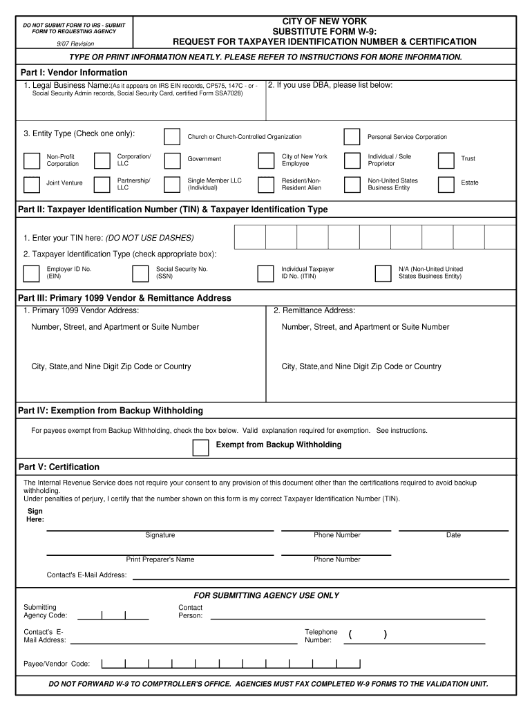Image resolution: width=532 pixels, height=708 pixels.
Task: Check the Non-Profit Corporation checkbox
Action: pyautogui.click(x=32, y=161)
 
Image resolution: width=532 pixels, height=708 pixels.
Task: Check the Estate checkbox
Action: pyautogui.click(x=446, y=185)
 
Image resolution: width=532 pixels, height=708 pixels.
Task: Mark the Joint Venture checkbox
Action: pyautogui.click(x=32, y=185)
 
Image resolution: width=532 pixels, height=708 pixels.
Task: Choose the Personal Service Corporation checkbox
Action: pyautogui.click(x=352, y=136)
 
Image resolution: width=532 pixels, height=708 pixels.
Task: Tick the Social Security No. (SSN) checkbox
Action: pyautogui.click(x=141, y=274)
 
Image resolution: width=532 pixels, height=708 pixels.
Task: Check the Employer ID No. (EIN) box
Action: pyautogui.click(x=32, y=274)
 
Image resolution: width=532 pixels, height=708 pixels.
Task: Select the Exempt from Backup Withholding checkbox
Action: pyautogui.click(x=200, y=447)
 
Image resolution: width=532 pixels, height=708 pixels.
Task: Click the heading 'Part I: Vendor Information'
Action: pyautogui.click(x=73, y=73)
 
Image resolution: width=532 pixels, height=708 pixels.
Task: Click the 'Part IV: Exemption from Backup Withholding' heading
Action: pyautogui.click(x=111, y=411)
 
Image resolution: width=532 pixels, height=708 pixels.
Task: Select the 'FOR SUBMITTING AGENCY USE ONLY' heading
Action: pyautogui.click(x=266, y=595)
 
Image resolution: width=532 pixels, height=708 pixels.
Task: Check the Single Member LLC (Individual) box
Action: pyautogui.click(x=172, y=185)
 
